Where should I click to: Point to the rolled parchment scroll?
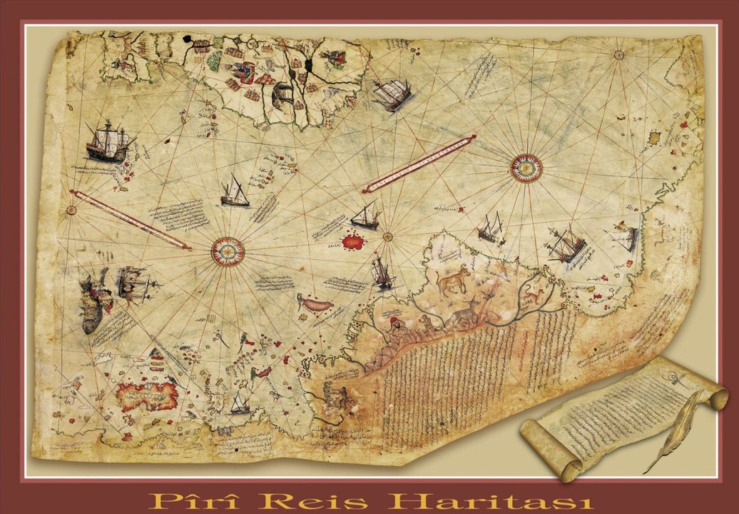coord(621,418)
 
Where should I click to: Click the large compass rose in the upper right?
coord(526,168)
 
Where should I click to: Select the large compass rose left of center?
coord(228,251)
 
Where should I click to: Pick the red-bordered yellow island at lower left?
coord(148,395)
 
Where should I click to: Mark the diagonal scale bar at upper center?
coord(419,163)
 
